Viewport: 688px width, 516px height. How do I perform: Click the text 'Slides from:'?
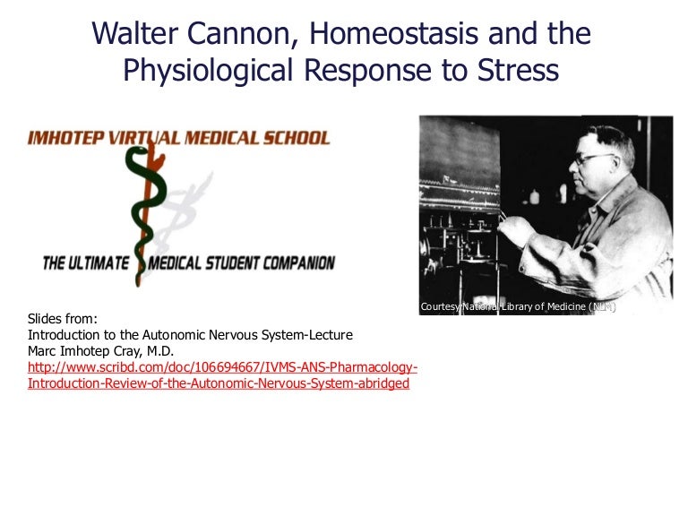point(60,319)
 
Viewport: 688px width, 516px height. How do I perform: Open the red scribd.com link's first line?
point(222,367)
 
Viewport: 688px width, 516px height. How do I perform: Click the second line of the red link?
point(219,383)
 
